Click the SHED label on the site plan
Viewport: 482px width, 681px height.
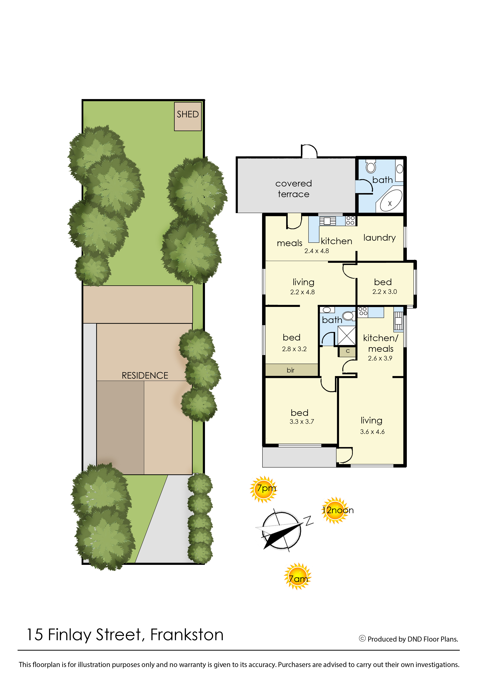tap(188, 114)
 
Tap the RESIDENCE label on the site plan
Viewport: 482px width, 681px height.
tap(145, 375)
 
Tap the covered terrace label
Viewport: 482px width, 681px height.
tap(294, 189)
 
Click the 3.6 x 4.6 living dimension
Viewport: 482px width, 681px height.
tap(372, 432)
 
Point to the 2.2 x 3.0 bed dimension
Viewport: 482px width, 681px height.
tap(385, 292)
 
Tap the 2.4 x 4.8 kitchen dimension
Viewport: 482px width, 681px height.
tap(317, 251)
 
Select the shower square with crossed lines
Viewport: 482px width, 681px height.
tap(347, 336)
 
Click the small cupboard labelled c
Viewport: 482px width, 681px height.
tap(348, 351)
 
